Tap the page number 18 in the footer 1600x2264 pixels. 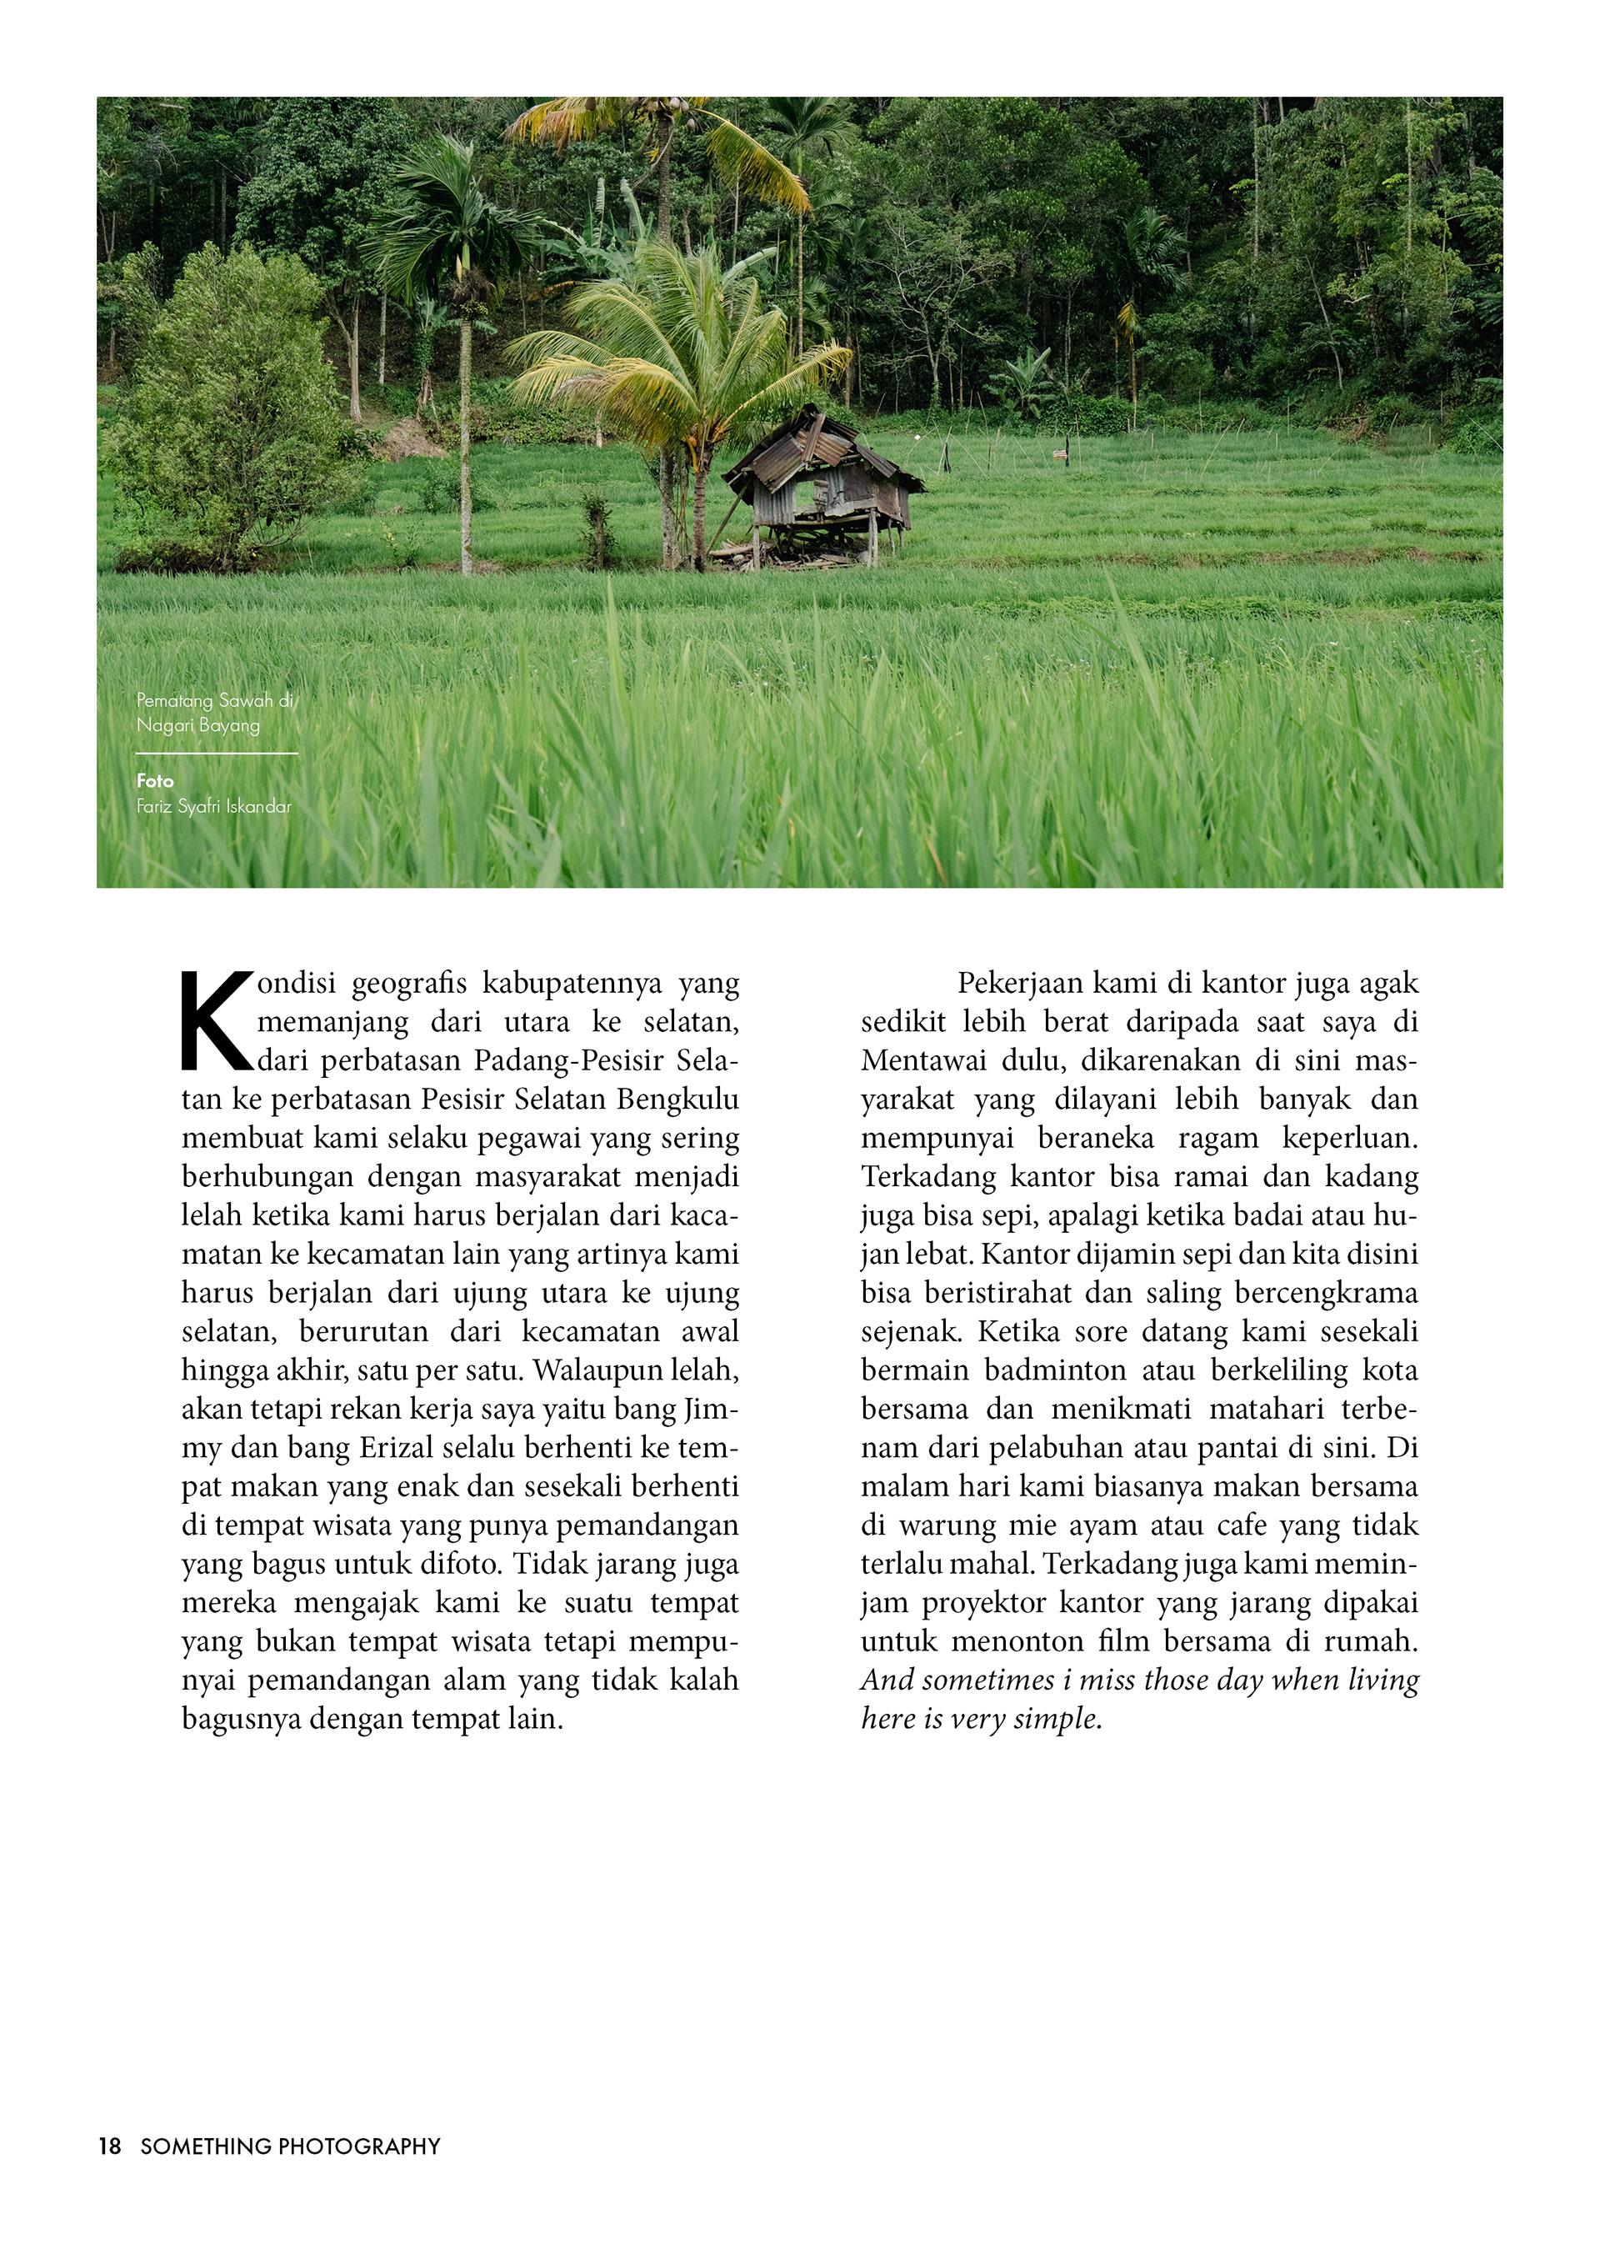[109, 2146]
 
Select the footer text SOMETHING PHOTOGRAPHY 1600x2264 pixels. [290, 2146]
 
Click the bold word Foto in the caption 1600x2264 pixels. [155, 781]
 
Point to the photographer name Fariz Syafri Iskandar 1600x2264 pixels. [214, 807]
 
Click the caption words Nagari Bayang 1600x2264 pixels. [198, 726]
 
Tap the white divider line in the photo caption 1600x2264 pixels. [217, 754]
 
